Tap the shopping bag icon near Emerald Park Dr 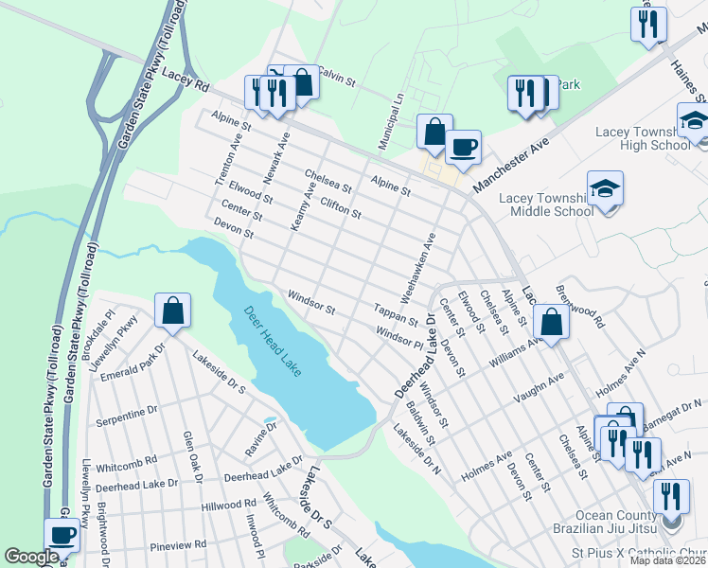click(173, 311)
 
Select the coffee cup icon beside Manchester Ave click(463, 147)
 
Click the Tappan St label click(396, 314)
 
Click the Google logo click(31, 558)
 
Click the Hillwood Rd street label click(229, 506)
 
